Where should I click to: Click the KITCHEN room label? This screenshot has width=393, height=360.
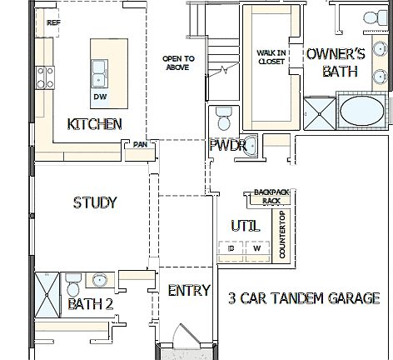click(94, 124)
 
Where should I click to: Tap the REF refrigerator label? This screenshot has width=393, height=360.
click(53, 22)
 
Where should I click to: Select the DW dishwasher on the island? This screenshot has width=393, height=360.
click(99, 97)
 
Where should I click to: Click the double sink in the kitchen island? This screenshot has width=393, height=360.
click(99, 72)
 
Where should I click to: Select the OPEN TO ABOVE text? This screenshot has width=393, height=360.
click(177, 62)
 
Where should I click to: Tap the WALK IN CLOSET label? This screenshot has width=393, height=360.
click(271, 57)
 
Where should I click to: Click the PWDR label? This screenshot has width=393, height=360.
click(226, 146)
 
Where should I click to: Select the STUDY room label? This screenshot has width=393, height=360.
click(94, 202)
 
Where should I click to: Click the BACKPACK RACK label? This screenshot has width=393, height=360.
click(271, 197)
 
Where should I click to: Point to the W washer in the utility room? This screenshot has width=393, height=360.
click(257, 248)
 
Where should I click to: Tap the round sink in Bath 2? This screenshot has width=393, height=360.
click(99, 280)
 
